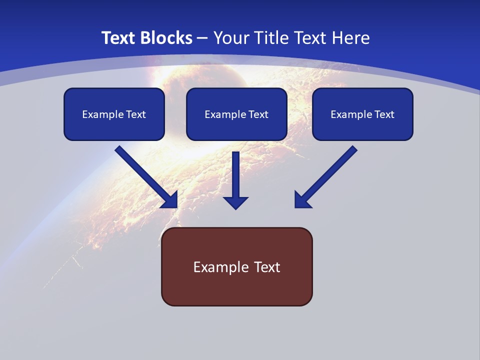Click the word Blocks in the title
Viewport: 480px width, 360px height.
click(166, 38)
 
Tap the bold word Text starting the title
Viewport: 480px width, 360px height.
click(118, 38)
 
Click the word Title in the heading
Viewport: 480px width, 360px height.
click(271, 38)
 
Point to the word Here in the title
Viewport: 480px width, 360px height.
click(351, 38)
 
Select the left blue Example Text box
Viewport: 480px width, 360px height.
click(114, 114)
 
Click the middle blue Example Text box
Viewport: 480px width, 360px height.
click(236, 114)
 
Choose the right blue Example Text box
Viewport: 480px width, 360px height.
click(363, 114)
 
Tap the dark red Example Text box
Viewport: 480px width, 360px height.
click(237, 266)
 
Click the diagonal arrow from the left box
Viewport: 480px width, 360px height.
click(146, 177)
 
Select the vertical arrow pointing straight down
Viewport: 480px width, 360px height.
click(235, 180)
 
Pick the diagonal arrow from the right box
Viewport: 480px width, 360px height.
click(326, 177)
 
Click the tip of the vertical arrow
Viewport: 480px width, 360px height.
click(235, 210)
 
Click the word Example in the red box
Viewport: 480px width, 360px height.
click(217, 267)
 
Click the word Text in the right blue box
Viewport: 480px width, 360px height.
click(384, 114)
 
